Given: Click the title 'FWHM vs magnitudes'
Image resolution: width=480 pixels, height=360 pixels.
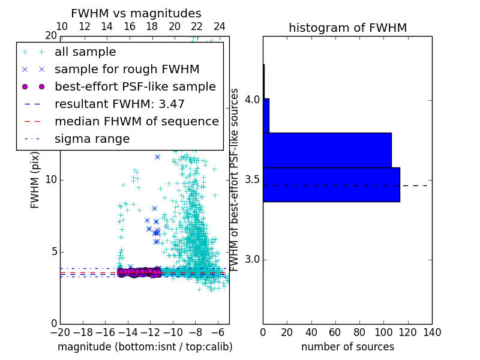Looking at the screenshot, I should [x=136, y=13].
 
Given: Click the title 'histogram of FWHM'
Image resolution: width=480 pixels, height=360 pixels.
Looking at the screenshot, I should [x=347, y=28].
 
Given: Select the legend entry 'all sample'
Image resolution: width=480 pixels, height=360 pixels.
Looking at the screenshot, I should [x=85, y=52].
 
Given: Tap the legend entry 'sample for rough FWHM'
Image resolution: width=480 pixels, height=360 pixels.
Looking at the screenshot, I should [x=127, y=69].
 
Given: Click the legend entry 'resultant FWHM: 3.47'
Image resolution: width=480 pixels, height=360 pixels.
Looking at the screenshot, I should [x=119, y=104].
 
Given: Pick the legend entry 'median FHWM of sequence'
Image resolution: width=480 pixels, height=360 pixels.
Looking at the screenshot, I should [x=137, y=121].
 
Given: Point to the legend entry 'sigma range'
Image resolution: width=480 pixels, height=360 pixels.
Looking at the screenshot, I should [x=92, y=139].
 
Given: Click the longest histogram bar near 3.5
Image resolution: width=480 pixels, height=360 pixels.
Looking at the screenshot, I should [x=331, y=184].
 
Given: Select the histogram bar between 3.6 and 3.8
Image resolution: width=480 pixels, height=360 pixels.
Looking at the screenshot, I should [x=327, y=150].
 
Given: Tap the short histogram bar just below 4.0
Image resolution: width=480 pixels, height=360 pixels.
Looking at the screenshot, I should [x=266, y=115].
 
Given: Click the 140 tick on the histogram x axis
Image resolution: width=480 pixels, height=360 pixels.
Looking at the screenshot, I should [x=432, y=332].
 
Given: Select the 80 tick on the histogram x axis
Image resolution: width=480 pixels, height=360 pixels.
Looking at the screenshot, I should [x=359, y=332].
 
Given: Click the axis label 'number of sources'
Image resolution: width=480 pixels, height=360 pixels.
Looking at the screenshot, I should [x=347, y=347].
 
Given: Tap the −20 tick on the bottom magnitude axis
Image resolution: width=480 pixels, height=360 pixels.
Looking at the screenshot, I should [x=60, y=332].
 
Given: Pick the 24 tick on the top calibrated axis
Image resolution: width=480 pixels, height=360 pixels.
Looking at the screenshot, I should [x=220, y=27].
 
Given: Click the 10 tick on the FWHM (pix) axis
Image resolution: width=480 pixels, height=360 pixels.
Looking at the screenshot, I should [x=51, y=179].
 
